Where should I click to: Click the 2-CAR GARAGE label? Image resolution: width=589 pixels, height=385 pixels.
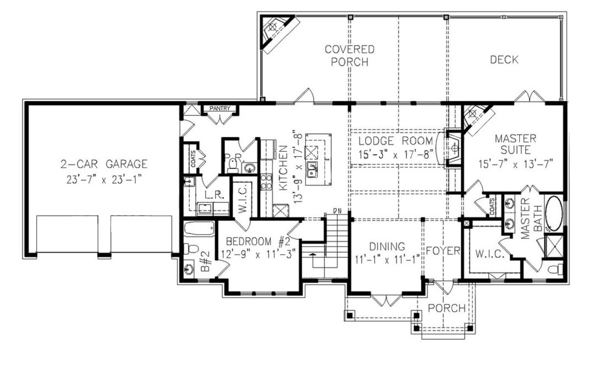click(x=104, y=163)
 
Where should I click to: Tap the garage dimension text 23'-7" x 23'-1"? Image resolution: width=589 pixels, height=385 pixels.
click(x=104, y=178)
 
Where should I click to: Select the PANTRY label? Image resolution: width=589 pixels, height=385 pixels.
click(x=220, y=109)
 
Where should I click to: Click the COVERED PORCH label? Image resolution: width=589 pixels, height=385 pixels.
click(x=349, y=56)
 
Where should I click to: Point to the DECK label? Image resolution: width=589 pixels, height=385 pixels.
click(x=504, y=60)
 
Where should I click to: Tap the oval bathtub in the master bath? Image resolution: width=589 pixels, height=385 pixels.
click(x=554, y=213)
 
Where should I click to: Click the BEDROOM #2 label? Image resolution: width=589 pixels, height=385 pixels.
click(x=257, y=241)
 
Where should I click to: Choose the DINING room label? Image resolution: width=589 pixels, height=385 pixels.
click(x=387, y=246)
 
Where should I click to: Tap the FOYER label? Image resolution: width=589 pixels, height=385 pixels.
click(x=443, y=251)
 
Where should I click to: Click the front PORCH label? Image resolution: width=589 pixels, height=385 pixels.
click(x=447, y=308)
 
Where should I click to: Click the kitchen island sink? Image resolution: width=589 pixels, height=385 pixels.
click(x=313, y=168)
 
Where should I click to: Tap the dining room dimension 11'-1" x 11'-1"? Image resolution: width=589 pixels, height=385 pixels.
click(x=387, y=258)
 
